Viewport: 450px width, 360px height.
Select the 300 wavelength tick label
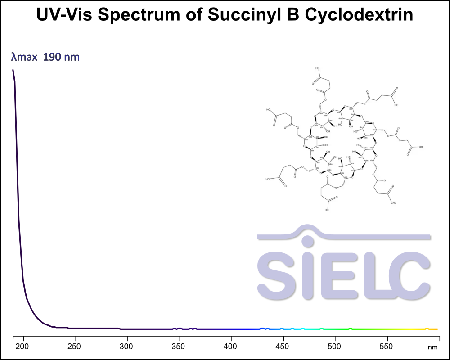click(127, 346)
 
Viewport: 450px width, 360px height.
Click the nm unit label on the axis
click(432, 347)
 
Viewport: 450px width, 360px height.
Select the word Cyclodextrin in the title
click(359, 15)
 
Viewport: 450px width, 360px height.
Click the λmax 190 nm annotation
click(45, 57)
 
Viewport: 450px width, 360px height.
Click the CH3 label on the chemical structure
click(393, 203)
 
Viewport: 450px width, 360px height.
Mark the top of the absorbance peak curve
click(13, 71)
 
